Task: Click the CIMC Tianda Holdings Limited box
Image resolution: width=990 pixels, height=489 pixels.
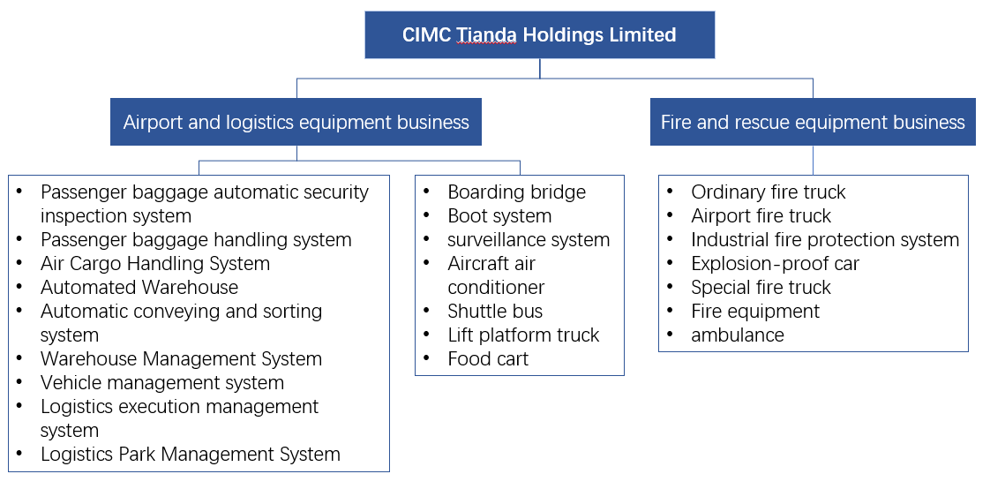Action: point(539,35)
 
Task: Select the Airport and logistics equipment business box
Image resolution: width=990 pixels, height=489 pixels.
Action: point(296,122)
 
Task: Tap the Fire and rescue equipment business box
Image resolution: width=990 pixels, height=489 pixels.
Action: point(813,122)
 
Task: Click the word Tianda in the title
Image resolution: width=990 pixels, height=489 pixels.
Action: point(486,35)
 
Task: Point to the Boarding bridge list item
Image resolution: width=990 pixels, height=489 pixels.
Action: point(516,192)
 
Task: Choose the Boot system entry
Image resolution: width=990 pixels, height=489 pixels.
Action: point(499,216)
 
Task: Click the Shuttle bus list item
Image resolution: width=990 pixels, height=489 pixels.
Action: point(495,312)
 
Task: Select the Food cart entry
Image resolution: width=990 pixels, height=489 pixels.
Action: point(488,359)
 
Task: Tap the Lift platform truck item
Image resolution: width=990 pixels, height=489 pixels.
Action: point(523,335)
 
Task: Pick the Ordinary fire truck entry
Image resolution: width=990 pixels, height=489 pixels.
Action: point(768,192)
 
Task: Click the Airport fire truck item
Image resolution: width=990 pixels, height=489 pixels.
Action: point(761,216)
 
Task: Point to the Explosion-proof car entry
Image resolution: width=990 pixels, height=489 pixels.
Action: point(775,264)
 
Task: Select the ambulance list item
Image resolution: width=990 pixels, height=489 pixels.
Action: point(737,335)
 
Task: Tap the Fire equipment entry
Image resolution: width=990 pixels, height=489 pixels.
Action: point(754,312)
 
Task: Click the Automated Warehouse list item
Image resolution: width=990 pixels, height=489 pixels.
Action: point(139,288)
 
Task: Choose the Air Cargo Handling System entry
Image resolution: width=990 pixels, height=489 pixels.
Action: point(155,264)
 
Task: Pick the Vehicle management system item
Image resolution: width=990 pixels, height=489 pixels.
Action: point(162,383)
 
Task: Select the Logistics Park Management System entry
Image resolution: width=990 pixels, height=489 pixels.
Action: point(190,455)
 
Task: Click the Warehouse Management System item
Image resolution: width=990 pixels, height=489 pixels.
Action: point(181,359)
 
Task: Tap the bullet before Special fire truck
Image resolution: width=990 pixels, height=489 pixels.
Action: point(671,288)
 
